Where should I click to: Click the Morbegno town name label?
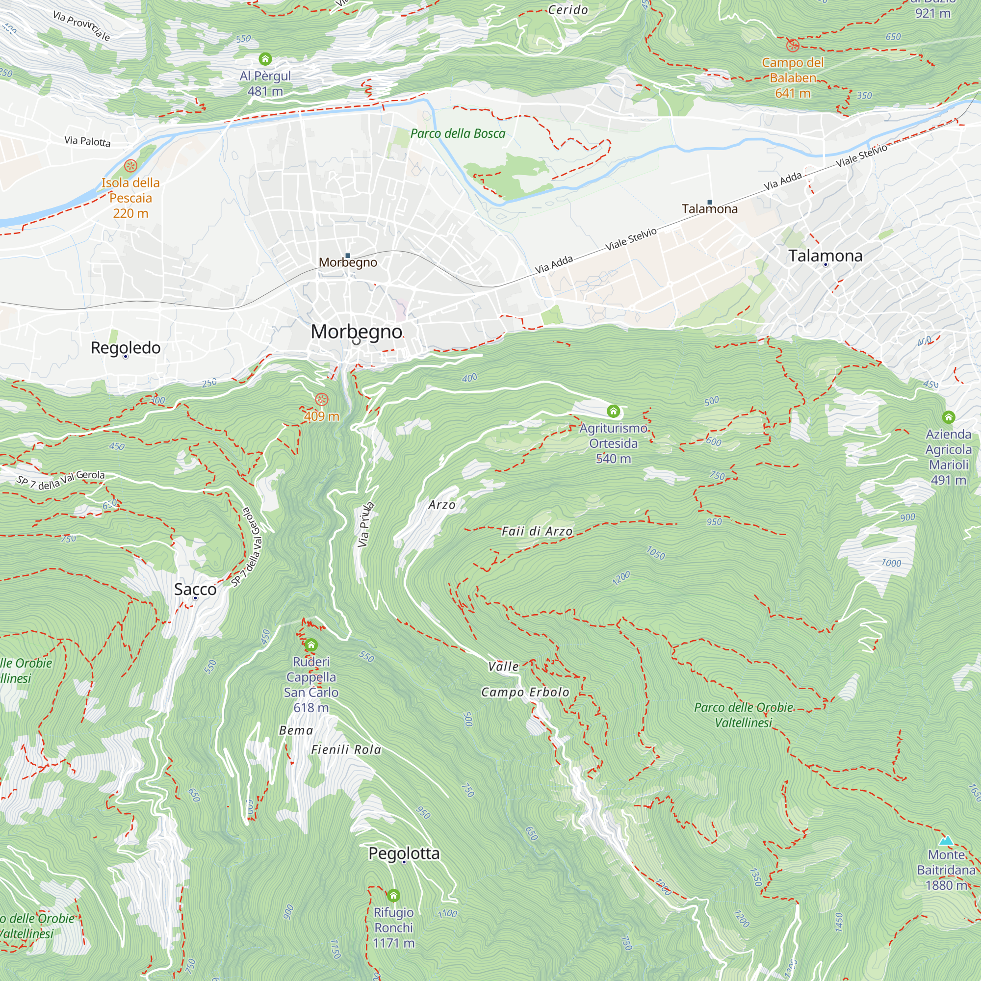coord(357,332)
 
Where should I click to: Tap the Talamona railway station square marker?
coord(710,202)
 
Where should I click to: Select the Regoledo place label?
coord(126,348)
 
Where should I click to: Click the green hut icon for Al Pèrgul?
coord(265,59)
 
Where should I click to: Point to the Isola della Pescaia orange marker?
coord(130,165)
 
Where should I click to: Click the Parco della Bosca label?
coord(458,133)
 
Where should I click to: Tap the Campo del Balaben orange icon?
coord(793,46)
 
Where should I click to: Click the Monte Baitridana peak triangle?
coord(946,840)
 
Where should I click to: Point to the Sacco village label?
coord(195,590)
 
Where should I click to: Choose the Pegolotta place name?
coord(404,853)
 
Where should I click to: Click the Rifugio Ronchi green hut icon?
coord(393,895)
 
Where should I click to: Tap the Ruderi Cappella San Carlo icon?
coord(311,645)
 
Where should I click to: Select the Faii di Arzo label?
coord(537,532)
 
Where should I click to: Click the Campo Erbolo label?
coord(525,693)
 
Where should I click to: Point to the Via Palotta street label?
coord(87,141)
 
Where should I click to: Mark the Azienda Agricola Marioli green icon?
coord(949,417)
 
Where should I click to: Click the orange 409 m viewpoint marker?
coord(321,399)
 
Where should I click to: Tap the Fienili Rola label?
coord(346,750)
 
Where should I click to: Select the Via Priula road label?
coord(365,524)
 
